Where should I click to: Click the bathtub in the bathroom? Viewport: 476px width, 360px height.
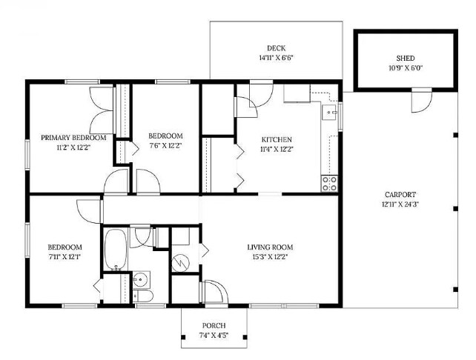click(x=116, y=250)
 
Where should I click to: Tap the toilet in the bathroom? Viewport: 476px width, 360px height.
click(x=145, y=297)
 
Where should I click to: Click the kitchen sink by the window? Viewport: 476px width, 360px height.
click(x=330, y=113)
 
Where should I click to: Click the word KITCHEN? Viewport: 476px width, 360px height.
click(x=277, y=139)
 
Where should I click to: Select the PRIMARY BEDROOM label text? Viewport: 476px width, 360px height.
click(x=73, y=138)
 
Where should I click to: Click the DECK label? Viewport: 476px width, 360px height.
click(x=276, y=47)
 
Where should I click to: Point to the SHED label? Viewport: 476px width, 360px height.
click(x=406, y=58)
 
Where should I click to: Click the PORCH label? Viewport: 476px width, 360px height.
click(x=214, y=326)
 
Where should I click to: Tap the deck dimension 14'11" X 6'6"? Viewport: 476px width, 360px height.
click(x=276, y=58)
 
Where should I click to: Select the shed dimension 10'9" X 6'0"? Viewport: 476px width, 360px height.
click(x=406, y=67)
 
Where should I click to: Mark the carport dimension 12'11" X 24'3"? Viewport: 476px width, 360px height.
click(x=400, y=204)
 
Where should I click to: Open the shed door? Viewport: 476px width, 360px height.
click(x=420, y=97)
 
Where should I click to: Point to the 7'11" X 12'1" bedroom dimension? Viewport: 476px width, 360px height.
click(x=65, y=258)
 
